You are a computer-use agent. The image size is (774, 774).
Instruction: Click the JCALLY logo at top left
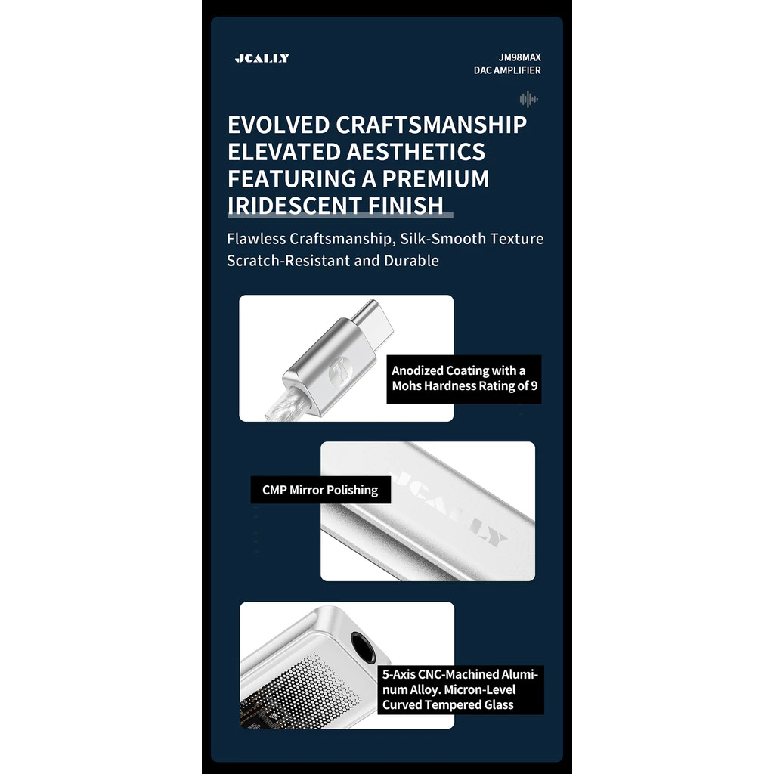[x=262, y=58]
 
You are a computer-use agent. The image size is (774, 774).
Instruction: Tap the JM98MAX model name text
[x=519, y=57]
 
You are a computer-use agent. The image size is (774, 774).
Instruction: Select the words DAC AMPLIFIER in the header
[x=507, y=70]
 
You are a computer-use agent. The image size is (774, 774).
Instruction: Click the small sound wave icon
[x=528, y=99]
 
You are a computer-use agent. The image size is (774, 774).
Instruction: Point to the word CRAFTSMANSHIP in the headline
[x=432, y=125]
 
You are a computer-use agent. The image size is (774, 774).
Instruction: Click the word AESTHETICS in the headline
[x=416, y=151]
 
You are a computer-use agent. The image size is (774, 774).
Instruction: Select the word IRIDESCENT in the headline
[x=294, y=206]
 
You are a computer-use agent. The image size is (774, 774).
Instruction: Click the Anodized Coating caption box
[x=464, y=379]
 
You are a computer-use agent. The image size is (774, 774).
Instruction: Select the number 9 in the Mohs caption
[x=534, y=386]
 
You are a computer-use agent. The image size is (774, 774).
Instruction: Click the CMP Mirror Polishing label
[x=320, y=490]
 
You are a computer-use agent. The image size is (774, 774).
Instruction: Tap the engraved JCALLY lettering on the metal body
[x=450, y=509]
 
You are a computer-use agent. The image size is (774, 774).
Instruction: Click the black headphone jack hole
[x=363, y=647]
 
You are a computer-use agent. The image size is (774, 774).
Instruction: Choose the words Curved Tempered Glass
[x=447, y=705]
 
